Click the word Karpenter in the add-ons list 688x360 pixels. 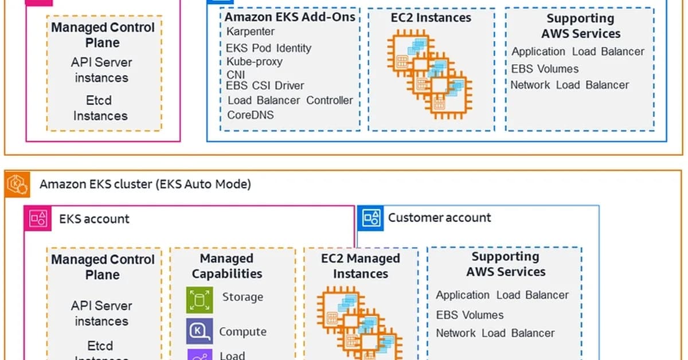coord(251,32)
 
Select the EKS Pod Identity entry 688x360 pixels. coord(268,48)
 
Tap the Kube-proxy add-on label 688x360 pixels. coord(254,61)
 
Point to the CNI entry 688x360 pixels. coord(236,75)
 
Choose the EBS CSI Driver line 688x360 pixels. coord(265,86)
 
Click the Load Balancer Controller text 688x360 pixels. coord(290,100)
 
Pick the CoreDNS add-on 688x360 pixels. coord(251,115)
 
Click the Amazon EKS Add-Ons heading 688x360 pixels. coord(290,17)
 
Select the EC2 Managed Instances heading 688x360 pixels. coord(361,266)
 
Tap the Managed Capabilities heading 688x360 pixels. coord(227,266)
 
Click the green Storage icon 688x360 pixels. coord(200,299)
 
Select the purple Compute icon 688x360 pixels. coord(200,331)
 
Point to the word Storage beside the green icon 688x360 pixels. coord(243,297)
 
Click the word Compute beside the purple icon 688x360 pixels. coord(243,331)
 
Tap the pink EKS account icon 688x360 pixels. coord(38,219)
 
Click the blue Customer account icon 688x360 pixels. coord(370,218)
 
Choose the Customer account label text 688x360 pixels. coord(439,218)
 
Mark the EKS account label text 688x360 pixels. coord(94,219)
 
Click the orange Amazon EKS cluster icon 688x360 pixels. coord(17,185)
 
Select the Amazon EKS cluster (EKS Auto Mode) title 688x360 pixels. coord(145,185)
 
